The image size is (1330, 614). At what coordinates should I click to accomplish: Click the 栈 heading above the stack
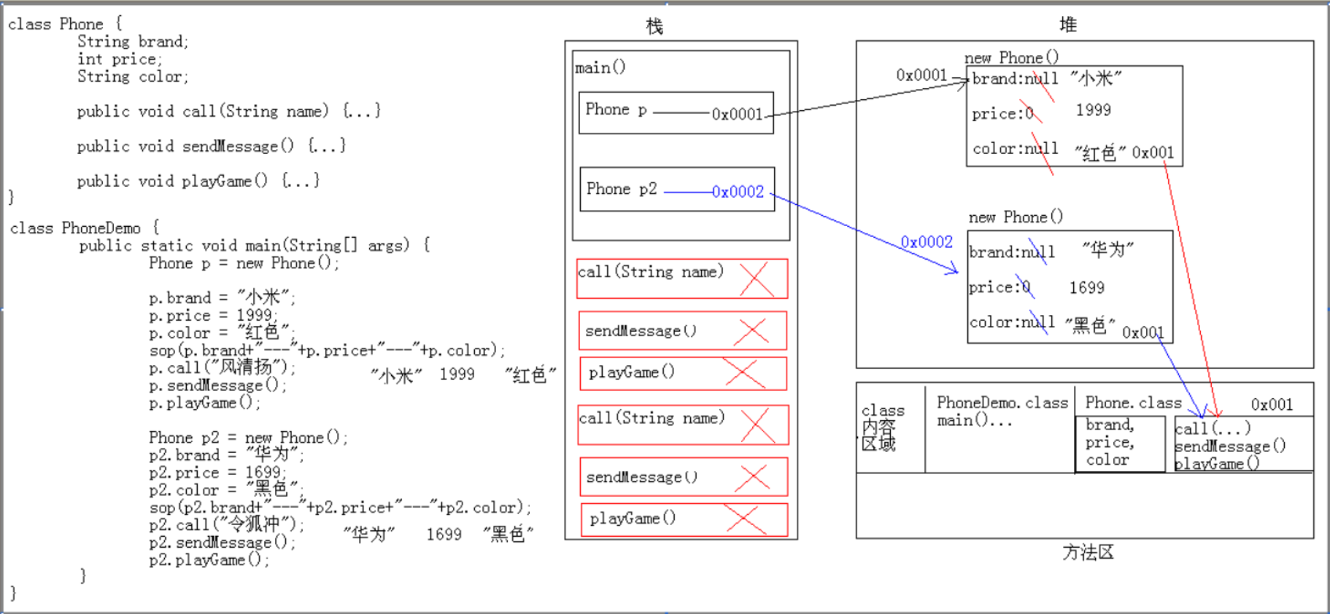pos(654,27)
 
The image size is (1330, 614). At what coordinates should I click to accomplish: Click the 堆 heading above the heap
pos(1068,26)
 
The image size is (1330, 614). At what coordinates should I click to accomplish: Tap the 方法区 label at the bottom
pos(1088,553)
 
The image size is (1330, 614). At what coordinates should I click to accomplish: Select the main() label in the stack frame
pos(600,68)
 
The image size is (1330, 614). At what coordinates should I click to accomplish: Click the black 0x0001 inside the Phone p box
pos(737,114)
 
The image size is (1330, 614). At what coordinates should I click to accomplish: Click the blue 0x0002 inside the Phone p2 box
pos(738,192)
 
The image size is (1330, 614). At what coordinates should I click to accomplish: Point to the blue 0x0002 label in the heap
pos(927,242)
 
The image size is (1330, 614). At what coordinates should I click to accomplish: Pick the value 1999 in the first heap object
pos(1093,110)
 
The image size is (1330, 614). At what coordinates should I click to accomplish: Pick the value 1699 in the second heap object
pos(1086,288)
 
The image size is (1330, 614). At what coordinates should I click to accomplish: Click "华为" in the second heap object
pos(1107,250)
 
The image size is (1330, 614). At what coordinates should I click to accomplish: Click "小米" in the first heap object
pos(1096,79)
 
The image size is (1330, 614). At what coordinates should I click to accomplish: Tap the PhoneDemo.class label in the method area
pos(1002,403)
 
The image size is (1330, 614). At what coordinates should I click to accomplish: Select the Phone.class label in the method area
pos(1132,403)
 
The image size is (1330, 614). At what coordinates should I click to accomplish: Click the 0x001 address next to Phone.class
pos(1272,405)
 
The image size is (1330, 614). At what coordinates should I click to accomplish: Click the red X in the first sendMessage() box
pos(751,331)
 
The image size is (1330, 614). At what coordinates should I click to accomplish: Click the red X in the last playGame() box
pos(746,519)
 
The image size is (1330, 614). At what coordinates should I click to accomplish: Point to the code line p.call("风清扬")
pos(222,368)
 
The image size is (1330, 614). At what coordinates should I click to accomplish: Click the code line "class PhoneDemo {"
pos(85,228)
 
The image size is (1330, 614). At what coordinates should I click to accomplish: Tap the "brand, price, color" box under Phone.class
pos(1119,443)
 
